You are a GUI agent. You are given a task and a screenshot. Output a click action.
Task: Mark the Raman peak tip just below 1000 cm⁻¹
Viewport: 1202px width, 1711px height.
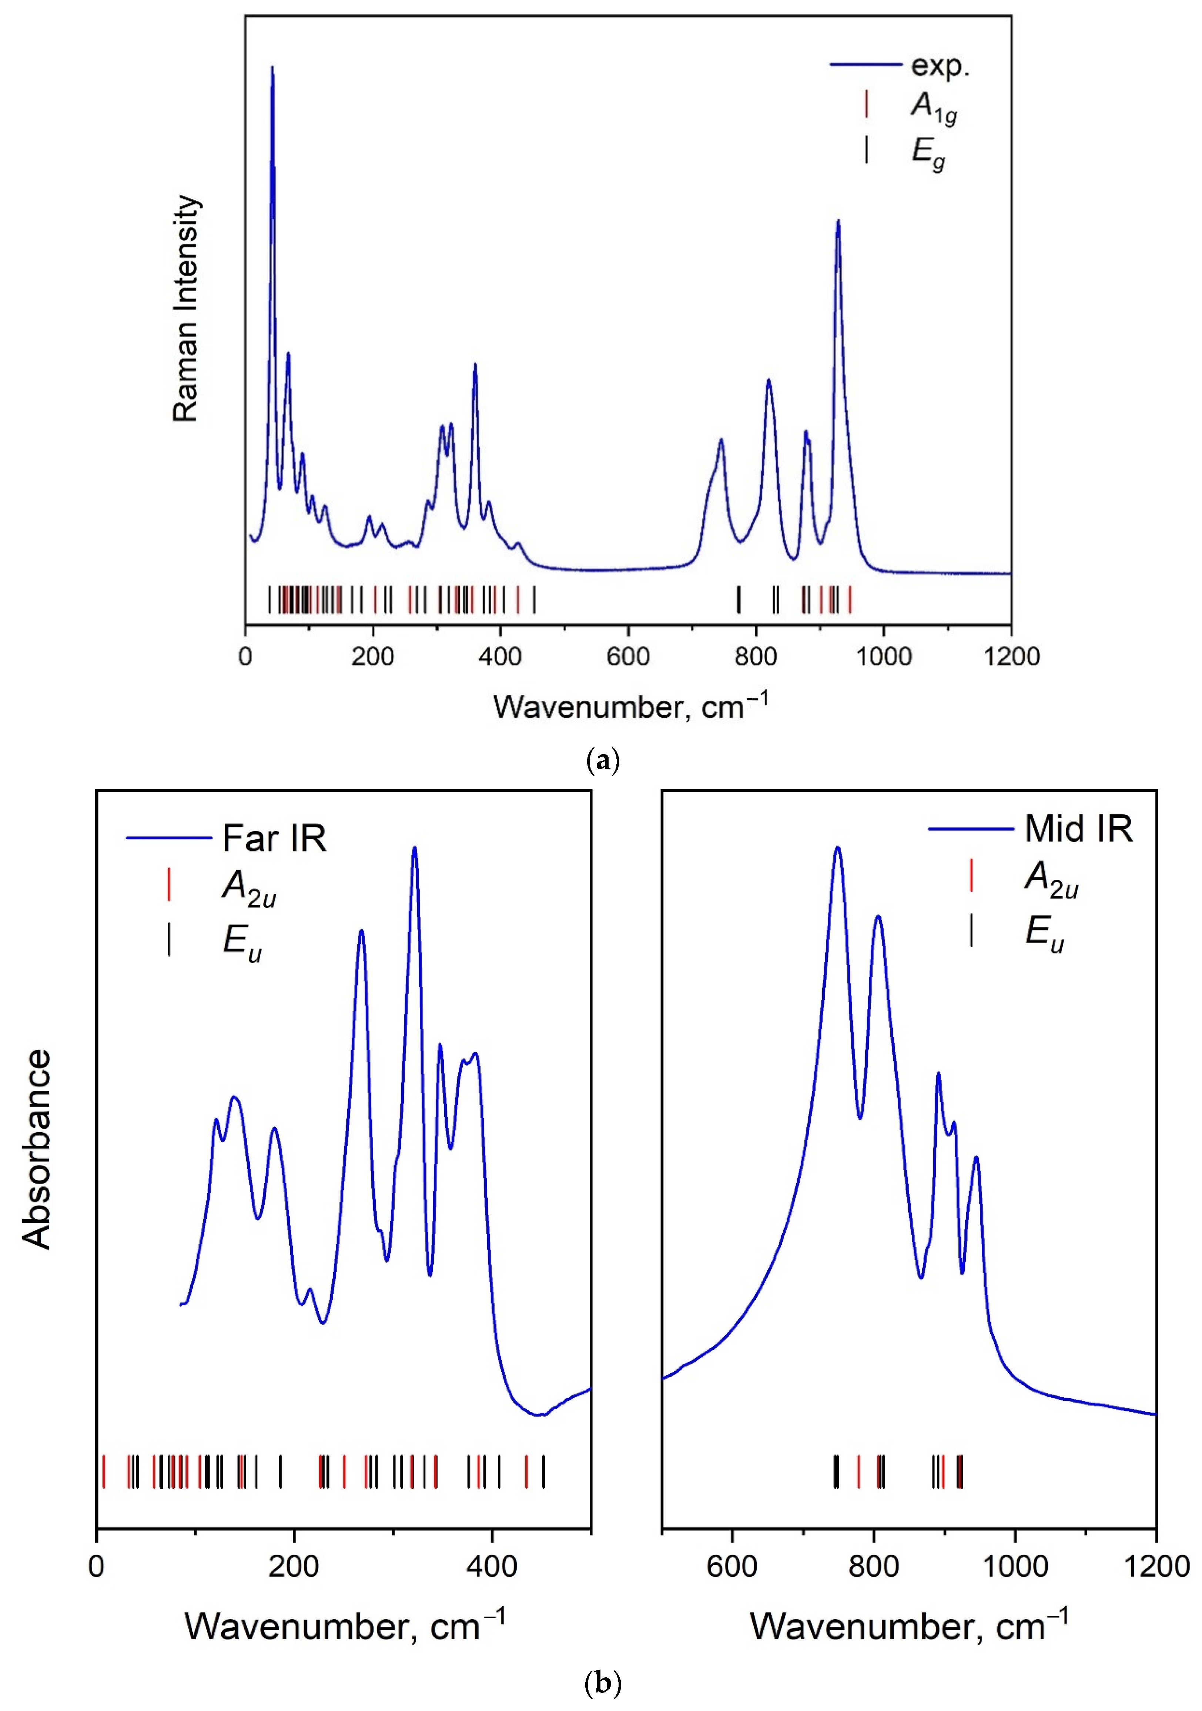(x=838, y=221)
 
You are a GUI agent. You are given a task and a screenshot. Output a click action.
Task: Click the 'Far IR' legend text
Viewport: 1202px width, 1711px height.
(x=274, y=839)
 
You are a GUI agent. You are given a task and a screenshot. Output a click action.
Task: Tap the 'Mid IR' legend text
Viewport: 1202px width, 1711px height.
(x=1078, y=829)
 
